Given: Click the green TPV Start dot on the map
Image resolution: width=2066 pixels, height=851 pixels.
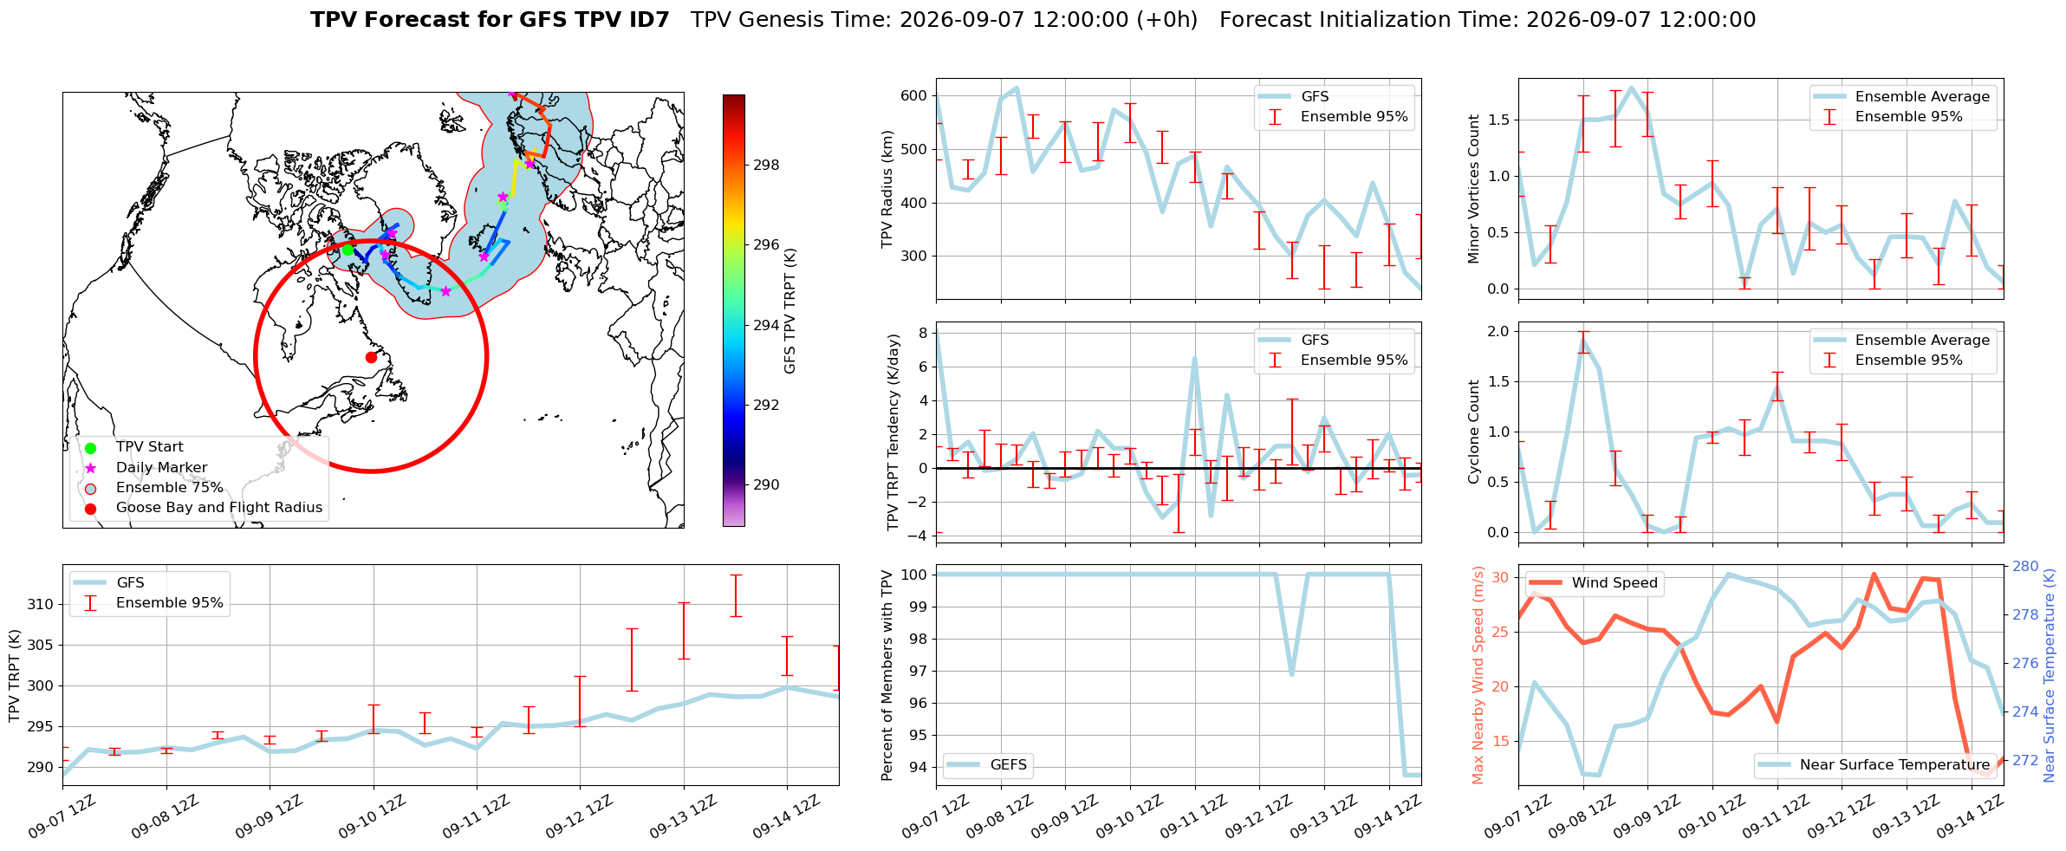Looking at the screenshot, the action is pyautogui.click(x=348, y=250).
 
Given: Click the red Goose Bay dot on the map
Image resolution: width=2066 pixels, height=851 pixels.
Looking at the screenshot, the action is pyautogui.click(x=371, y=357).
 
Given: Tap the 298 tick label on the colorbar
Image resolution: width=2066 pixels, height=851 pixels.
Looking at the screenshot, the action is pyautogui.click(x=766, y=165).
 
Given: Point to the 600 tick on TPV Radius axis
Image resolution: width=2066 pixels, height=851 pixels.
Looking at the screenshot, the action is pyautogui.click(x=913, y=96).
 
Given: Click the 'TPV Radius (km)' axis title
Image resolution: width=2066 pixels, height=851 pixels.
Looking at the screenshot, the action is pyautogui.click(x=887, y=189).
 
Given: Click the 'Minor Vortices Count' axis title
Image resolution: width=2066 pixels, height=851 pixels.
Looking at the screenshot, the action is pyautogui.click(x=1474, y=189).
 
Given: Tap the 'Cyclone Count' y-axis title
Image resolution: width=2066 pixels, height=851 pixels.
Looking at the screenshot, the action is pyautogui.click(x=1474, y=432).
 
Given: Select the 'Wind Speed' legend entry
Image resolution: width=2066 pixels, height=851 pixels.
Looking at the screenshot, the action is pyautogui.click(x=1593, y=583).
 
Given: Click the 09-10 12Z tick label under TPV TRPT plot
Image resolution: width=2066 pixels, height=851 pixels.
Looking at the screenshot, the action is pyautogui.click(x=370, y=817).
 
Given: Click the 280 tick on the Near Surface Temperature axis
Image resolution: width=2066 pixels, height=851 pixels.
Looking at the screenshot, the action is pyautogui.click(x=2026, y=566).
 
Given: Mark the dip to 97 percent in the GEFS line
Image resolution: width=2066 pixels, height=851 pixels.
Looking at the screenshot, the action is pyautogui.click(x=1292, y=673).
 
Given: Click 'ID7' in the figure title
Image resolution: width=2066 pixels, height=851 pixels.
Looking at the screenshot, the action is pyautogui.click(x=648, y=20).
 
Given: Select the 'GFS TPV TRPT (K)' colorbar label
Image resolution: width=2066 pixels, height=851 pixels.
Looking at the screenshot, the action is pyautogui.click(x=789, y=310).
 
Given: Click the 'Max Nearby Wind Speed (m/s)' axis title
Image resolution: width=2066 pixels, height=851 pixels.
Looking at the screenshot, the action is pyautogui.click(x=1478, y=675).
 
